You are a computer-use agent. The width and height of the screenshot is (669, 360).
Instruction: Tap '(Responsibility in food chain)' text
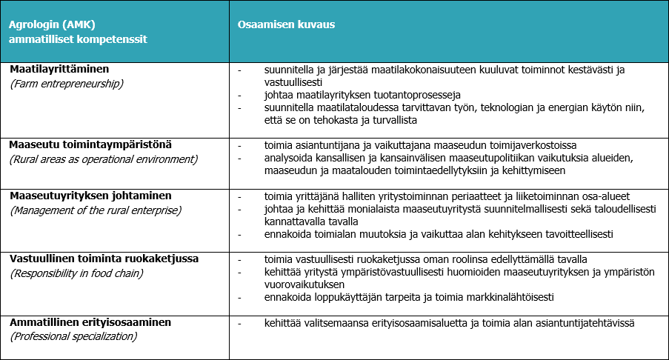point(78,273)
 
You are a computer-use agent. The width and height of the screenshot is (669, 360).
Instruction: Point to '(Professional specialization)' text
point(73,336)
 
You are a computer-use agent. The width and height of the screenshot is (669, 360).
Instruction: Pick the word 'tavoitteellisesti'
point(577,235)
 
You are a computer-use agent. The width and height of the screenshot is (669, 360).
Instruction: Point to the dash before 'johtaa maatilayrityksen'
point(240,95)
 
